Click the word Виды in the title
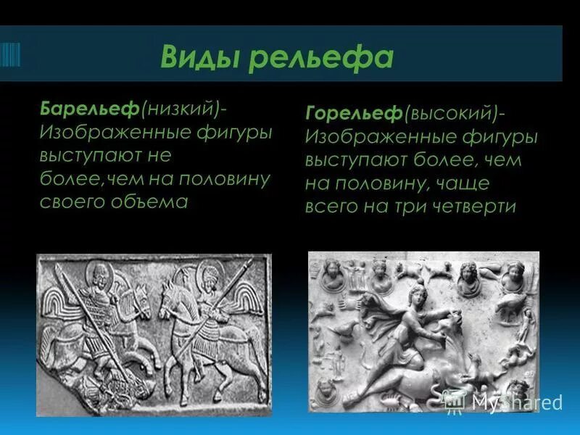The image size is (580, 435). (x=200, y=56)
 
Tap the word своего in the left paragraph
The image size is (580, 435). (x=70, y=202)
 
